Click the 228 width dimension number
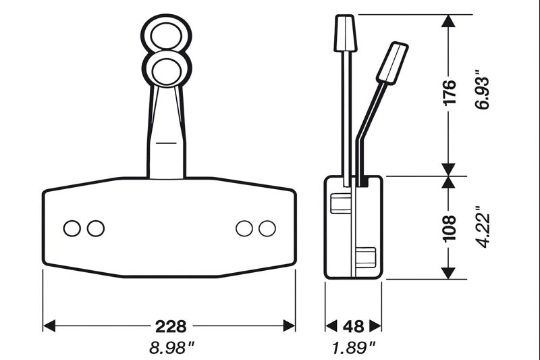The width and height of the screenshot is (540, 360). pos(170,326)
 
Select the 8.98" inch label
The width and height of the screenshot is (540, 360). pos(170,348)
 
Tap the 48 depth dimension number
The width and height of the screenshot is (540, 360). pos(353,326)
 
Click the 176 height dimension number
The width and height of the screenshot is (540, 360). pos(450,93)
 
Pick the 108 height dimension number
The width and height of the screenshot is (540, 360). pos(450,228)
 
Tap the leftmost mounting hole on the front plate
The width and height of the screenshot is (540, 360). pos(72,228)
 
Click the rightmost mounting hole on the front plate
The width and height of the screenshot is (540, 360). pos(267,228)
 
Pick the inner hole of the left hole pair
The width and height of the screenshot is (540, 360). pos(96,228)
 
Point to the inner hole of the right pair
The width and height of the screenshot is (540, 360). pos(244,228)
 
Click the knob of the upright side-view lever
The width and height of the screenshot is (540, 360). pos(346,32)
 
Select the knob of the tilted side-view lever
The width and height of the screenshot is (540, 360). pos(392,62)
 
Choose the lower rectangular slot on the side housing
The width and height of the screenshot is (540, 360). pos(364,258)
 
